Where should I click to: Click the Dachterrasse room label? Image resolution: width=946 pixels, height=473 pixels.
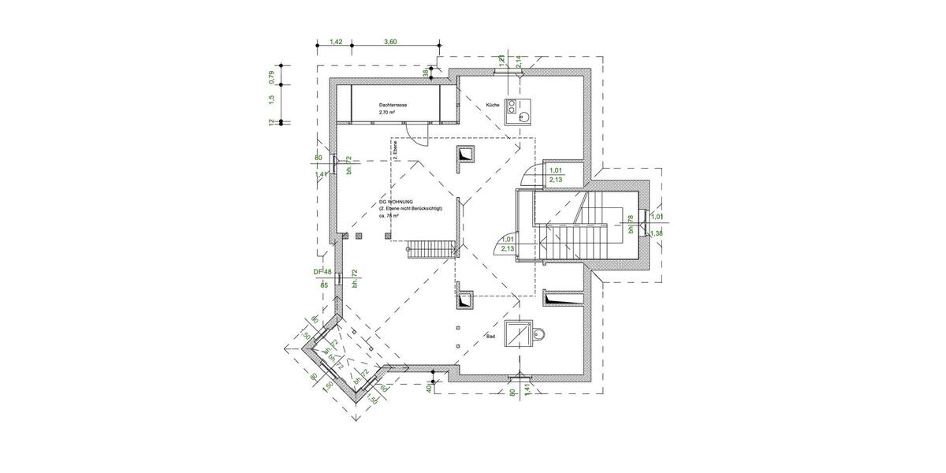click(x=393, y=104)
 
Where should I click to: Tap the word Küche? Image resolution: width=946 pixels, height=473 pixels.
click(x=493, y=104)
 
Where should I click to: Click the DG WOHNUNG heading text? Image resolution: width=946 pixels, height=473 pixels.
click(x=397, y=203)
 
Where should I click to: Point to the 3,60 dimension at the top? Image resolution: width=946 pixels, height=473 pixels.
click(x=389, y=42)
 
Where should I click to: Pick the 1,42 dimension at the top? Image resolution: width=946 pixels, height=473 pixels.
click(x=335, y=42)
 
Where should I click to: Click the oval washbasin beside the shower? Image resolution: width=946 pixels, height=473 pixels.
click(x=539, y=337)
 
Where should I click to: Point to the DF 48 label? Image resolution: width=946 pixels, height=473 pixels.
click(x=322, y=271)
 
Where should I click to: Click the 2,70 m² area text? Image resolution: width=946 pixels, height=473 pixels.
click(x=386, y=113)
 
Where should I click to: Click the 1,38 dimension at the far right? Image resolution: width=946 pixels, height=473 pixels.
click(x=657, y=234)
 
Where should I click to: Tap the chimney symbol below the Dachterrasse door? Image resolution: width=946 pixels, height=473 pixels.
click(x=464, y=156)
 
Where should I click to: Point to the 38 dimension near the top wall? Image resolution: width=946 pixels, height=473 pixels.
click(x=426, y=73)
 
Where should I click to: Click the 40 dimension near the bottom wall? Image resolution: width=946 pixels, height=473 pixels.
click(x=428, y=388)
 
